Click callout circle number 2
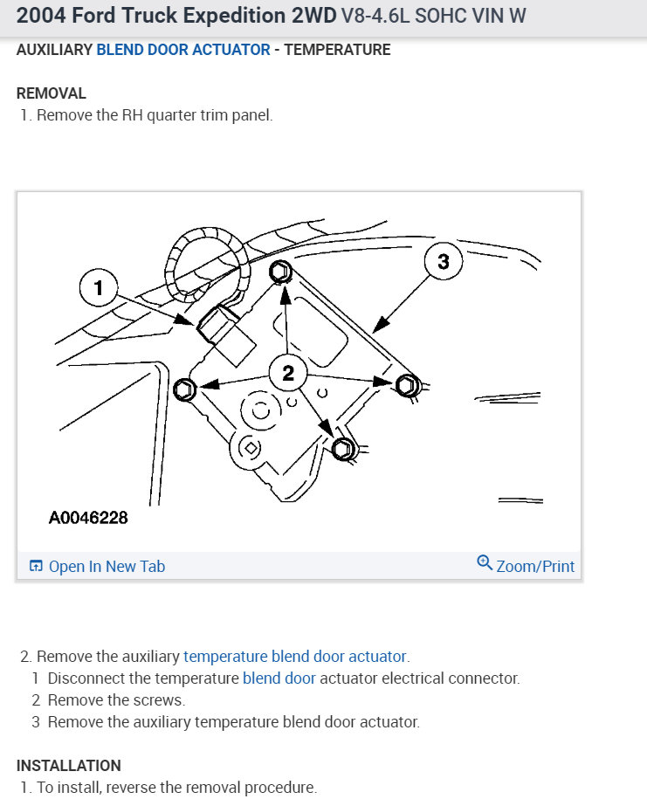click(x=288, y=374)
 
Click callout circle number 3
click(x=444, y=261)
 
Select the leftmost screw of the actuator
click(x=183, y=389)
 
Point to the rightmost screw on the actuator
click(x=406, y=384)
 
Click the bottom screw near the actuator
click(x=343, y=450)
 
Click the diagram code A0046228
click(x=88, y=518)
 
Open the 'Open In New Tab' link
click(x=107, y=567)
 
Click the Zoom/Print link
click(x=535, y=567)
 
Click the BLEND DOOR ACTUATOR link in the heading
click(x=183, y=50)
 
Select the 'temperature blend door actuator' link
click(x=295, y=656)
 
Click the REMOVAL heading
click(x=52, y=93)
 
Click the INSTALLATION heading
click(x=69, y=766)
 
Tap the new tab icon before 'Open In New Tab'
click(x=36, y=567)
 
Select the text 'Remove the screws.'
click(x=116, y=699)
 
